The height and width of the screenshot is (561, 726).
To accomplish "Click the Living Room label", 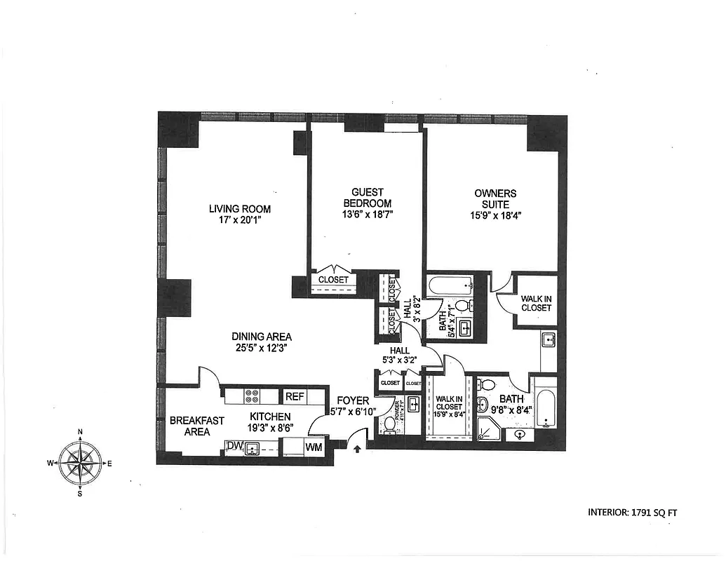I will coord(239,209).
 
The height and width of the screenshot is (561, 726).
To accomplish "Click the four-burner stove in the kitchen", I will coord(252,396).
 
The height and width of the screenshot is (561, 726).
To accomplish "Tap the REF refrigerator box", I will coord(295,396).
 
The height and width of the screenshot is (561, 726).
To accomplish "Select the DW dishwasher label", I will coord(234,446).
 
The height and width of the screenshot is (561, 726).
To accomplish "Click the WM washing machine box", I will coord(314,446).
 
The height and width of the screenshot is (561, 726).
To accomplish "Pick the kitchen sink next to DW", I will coord(253,447).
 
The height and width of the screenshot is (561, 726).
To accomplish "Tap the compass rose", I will coord(80,462).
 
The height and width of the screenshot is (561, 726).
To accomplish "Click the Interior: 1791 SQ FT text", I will coord(632,513).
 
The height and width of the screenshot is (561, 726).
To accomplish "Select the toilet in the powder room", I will coord(390,425).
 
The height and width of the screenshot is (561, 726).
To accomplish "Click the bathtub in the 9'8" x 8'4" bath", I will coord(544,403).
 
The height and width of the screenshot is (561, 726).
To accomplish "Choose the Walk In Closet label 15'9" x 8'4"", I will coord(449,411).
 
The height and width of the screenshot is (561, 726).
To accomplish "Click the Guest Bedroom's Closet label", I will coord(333,279).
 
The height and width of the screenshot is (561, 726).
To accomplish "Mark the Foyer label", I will coord(352,400).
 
